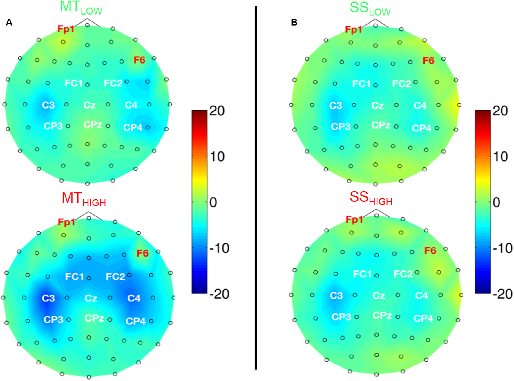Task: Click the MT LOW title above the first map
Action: (81, 8)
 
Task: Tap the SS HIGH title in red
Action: (371, 198)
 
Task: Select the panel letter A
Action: (9, 22)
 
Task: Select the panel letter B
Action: (294, 22)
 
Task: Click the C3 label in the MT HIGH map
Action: (48, 298)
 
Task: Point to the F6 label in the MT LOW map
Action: (139, 60)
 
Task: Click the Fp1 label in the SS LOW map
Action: (353, 30)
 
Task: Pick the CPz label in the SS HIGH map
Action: (382, 315)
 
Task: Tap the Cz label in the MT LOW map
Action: (89, 105)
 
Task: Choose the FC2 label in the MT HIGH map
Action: (115, 277)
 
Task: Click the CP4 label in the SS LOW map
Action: (421, 128)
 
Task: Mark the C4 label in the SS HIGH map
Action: (421, 296)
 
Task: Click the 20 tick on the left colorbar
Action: (217, 111)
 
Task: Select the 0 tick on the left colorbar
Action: (213, 202)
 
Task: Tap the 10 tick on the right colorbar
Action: (500, 157)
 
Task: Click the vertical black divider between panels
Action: (256, 189)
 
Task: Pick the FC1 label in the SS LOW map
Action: (361, 84)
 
